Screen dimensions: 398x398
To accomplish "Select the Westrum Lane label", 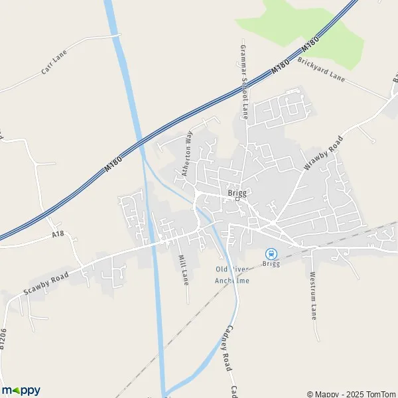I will click(x=312, y=295).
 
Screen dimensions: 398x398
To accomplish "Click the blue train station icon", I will click(x=271, y=253).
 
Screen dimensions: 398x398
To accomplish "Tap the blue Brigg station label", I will click(x=271, y=264).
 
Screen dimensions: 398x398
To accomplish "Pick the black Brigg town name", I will click(x=237, y=192).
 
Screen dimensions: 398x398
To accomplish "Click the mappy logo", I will click(x=21, y=390).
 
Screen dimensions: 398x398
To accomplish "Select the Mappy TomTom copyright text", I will click(x=351, y=393).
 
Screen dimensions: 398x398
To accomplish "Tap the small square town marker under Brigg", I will click(x=237, y=200).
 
